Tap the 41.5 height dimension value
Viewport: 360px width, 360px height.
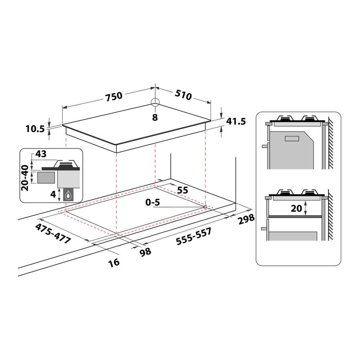click(236, 121)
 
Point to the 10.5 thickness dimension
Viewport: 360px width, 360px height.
click(35, 128)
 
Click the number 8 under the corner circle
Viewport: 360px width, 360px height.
click(155, 117)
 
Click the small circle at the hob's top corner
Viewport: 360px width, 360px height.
click(155, 102)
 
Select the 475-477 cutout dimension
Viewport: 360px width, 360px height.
click(53, 234)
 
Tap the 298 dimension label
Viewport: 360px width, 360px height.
click(246, 219)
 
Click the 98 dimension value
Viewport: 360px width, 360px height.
click(145, 252)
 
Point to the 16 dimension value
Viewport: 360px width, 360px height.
click(114, 262)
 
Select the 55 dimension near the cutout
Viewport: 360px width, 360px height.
click(183, 190)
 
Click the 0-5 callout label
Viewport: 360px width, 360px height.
click(152, 202)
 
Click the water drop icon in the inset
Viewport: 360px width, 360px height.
click(68, 195)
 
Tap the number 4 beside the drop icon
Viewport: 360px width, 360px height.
click(53, 194)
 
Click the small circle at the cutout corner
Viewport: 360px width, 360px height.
click(205, 207)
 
